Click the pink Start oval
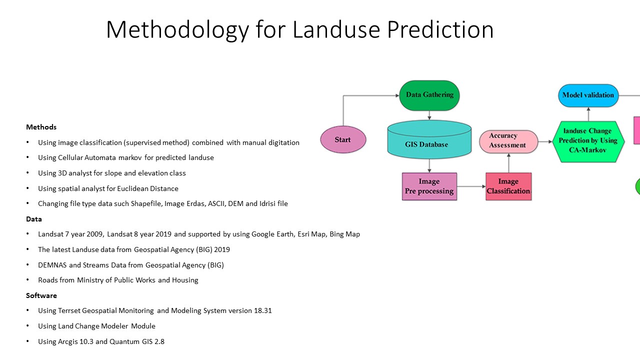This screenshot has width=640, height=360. (x=343, y=139)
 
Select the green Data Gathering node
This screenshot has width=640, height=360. (x=429, y=95)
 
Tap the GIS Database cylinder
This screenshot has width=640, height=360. (x=429, y=139)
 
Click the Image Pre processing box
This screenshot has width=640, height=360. (x=429, y=186)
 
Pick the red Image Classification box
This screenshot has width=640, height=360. (x=508, y=186)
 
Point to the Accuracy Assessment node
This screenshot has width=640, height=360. (x=508, y=141)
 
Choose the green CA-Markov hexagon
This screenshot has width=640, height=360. (x=588, y=141)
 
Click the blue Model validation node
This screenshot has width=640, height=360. (x=588, y=95)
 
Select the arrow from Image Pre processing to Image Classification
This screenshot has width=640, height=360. (x=471, y=186)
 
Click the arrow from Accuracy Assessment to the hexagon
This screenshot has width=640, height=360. (x=545, y=141)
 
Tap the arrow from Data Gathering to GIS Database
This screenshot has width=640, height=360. (x=429, y=115)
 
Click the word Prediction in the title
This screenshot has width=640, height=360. (x=440, y=29)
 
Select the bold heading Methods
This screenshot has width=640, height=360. (x=41, y=127)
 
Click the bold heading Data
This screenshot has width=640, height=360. (x=33, y=219)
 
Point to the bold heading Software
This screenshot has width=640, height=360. (x=41, y=295)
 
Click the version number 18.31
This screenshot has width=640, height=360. (x=262, y=310)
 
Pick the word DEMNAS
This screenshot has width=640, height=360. (x=52, y=265)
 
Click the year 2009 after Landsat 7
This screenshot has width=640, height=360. (x=94, y=234)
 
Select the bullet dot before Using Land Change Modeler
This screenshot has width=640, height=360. (x=27, y=326)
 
